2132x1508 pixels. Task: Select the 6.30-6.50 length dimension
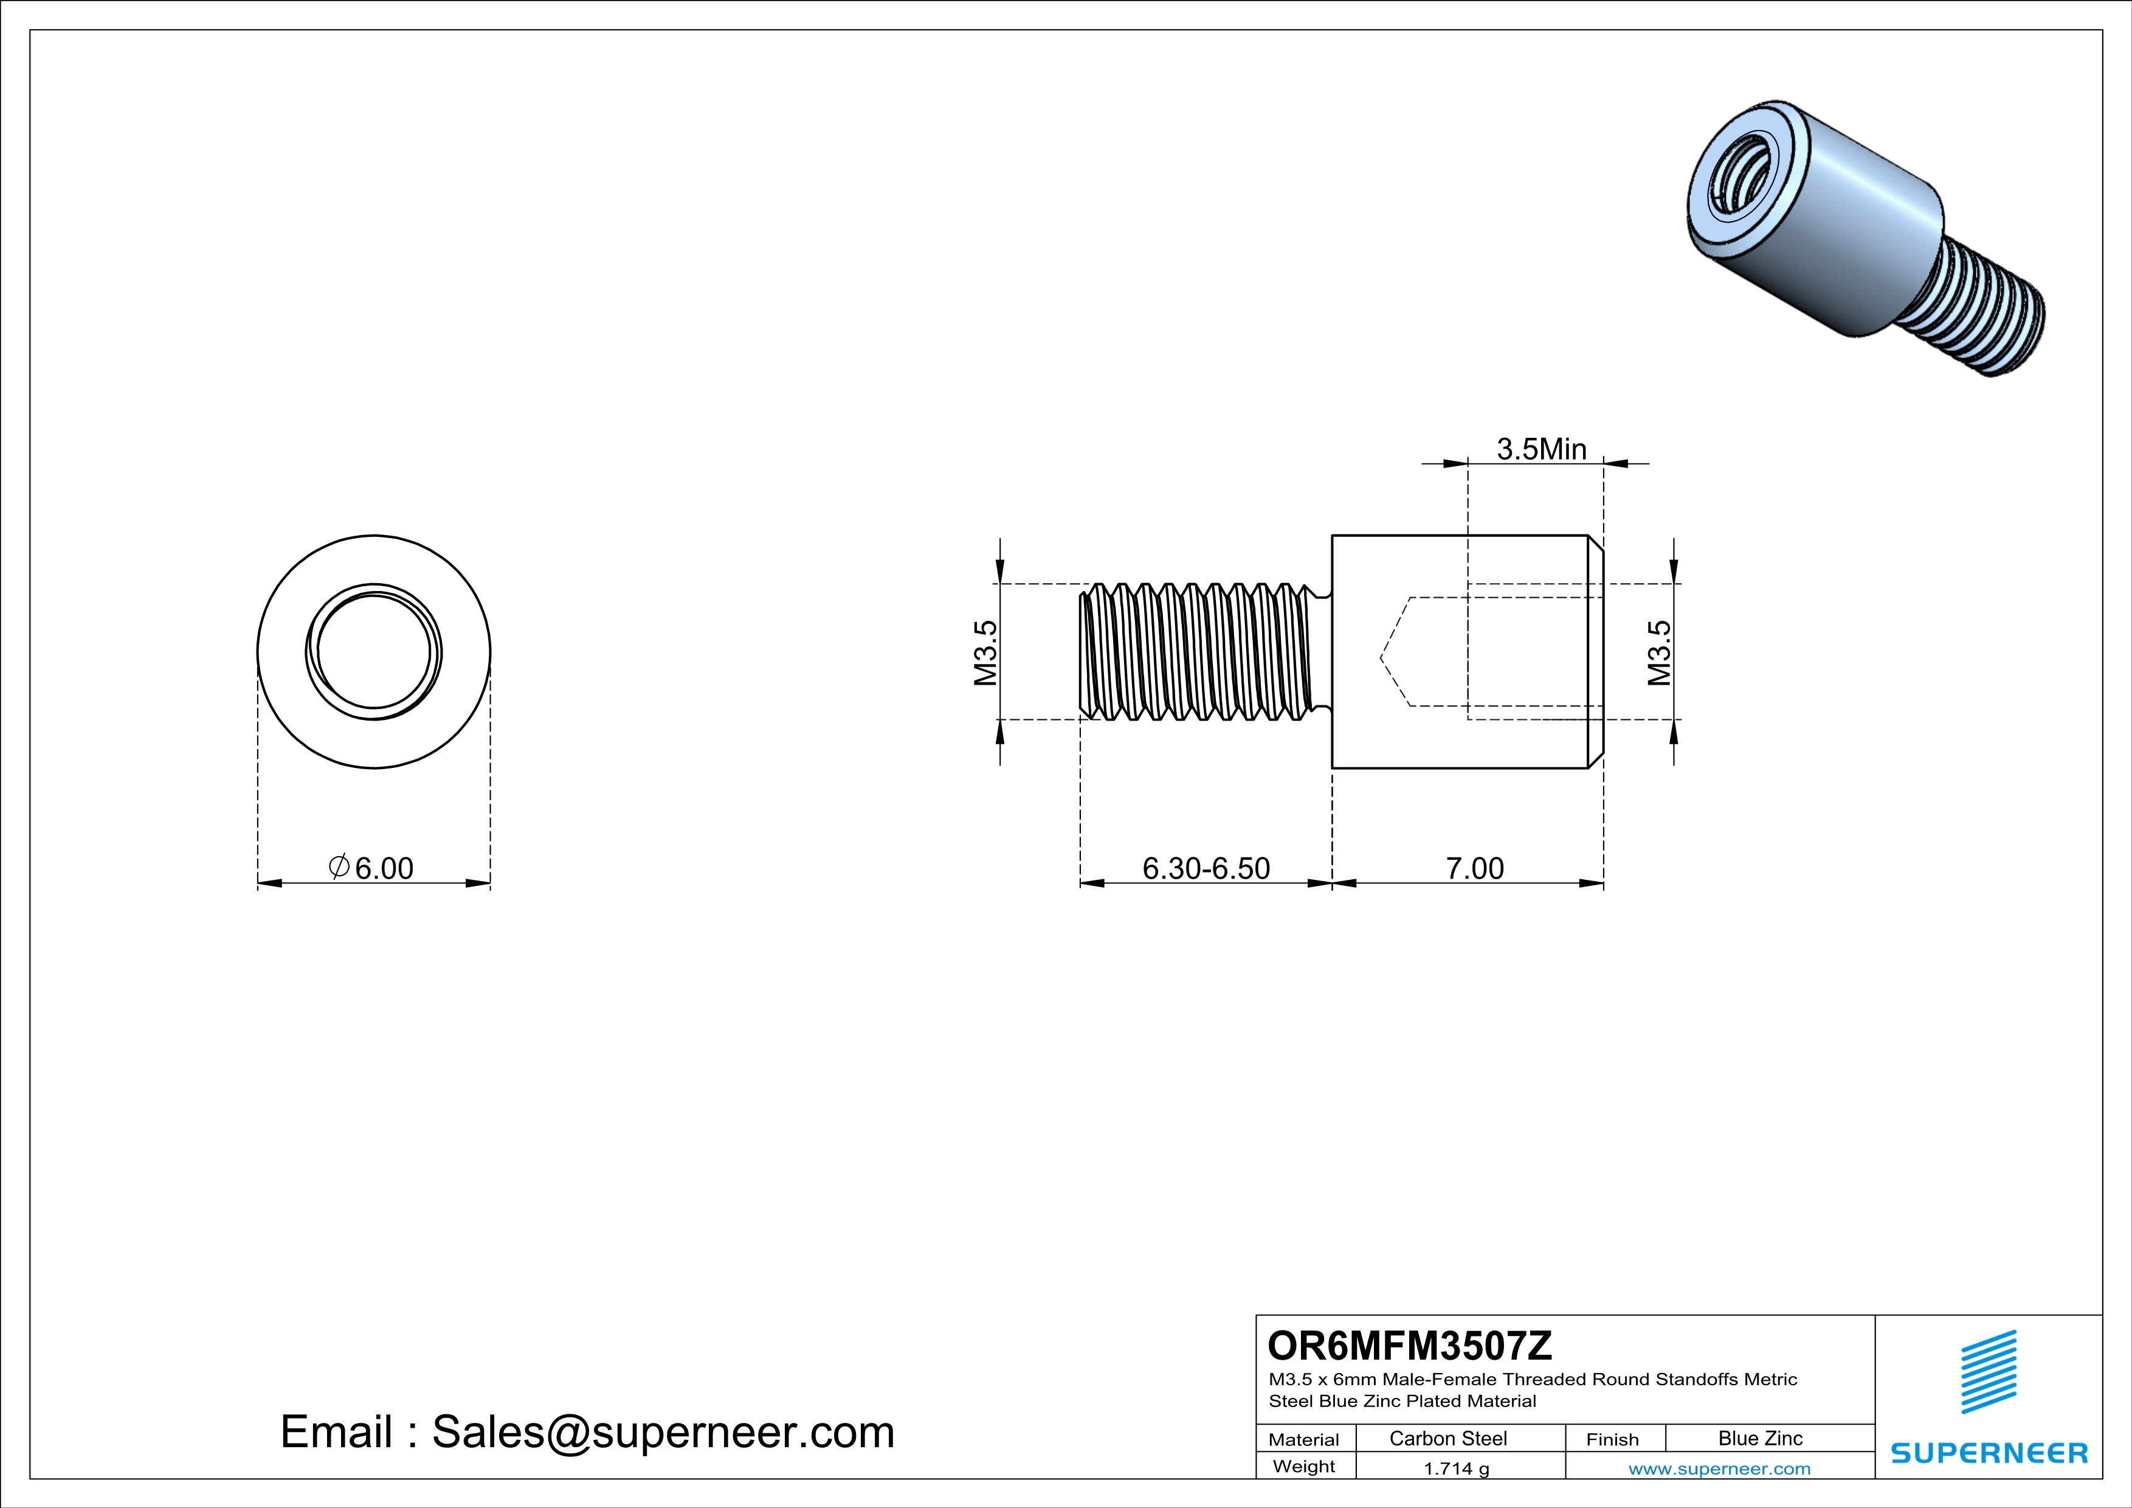[1206, 868]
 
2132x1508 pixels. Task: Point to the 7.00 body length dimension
[1475, 868]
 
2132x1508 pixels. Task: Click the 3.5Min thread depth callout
[1542, 449]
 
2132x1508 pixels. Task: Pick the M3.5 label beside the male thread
[985, 653]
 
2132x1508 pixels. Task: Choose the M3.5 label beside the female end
[1660, 653]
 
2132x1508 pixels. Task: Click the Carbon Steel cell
[1447, 1438]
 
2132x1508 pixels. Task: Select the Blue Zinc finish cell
[1759, 1438]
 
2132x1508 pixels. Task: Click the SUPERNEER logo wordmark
[1989, 1453]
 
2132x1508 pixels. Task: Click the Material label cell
[1304, 1439]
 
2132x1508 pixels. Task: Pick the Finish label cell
[1612, 1439]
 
